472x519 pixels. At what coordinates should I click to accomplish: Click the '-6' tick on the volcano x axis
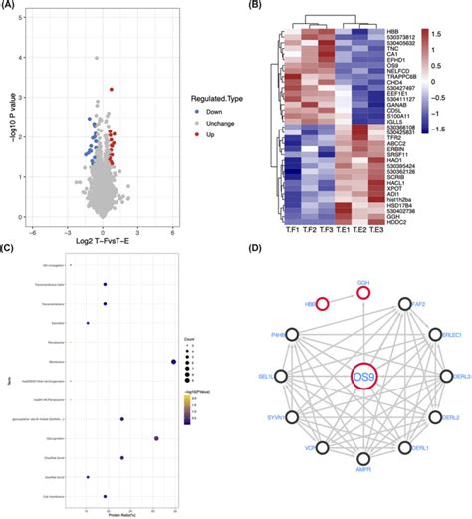pyautogui.click(x=36, y=232)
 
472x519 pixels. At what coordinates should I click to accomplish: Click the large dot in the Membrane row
pyautogui.click(x=173, y=362)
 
